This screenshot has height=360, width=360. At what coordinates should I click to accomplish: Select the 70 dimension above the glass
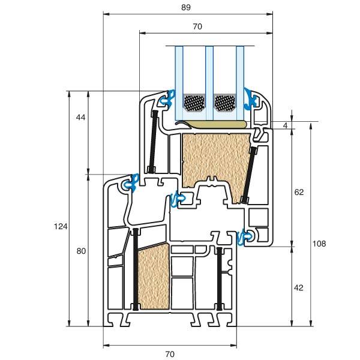(x=197, y=26)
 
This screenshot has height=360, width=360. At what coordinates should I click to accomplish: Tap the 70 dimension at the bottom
(x=170, y=354)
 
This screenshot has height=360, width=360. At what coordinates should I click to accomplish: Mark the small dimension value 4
(x=286, y=125)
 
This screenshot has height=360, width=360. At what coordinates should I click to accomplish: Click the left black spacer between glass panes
(x=193, y=103)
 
